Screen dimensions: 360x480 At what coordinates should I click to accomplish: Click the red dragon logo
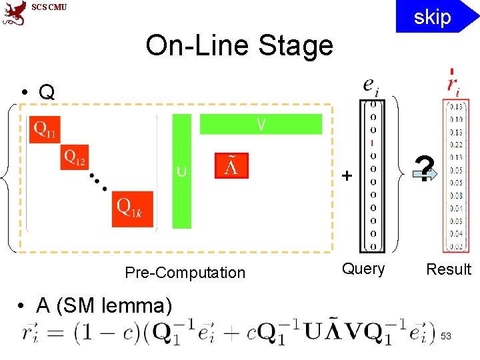click(x=14, y=13)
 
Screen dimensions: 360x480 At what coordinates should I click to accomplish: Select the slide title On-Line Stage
click(x=239, y=46)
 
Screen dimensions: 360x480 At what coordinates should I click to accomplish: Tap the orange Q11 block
click(x=45, y=131)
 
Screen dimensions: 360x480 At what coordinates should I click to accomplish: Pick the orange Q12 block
click(x=75, y=158)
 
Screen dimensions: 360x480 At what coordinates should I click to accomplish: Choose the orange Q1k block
click(x=132, y=208)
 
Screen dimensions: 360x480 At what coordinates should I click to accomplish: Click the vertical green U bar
click(x=181, y=171)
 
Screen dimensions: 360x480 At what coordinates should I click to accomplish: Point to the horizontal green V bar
click(x=261, y=124)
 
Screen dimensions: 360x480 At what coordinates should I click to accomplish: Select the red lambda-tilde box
click(x=231, y=166)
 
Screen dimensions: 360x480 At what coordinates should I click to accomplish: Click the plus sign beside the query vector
click(x=347, y=176)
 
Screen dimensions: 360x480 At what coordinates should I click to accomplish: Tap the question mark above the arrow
click(x=425, y=166)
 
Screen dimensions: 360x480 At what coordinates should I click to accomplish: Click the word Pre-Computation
click(x=185, y=273)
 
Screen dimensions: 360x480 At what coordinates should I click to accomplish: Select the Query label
click(x=363, y=269)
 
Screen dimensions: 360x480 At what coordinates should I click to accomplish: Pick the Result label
click(x=448, y=269)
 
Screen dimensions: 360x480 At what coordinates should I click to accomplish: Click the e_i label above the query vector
click(x=370, y=86)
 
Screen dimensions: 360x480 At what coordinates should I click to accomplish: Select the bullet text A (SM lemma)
click(x=103, y=306)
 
